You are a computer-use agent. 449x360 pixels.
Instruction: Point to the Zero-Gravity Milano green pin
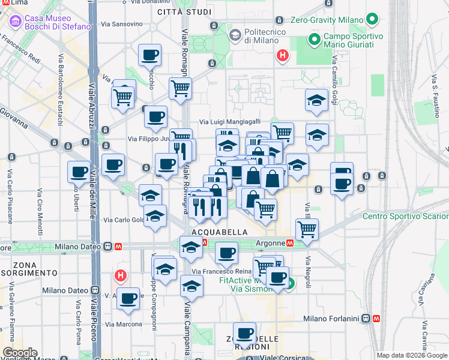(372, 20)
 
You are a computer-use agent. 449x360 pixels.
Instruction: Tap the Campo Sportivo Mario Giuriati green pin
(313, 40)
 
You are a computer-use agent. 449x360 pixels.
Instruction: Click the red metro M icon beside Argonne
(290, 244)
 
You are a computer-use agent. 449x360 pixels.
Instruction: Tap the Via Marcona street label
(124, 324)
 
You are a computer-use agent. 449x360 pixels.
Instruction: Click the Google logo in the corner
(20, 353)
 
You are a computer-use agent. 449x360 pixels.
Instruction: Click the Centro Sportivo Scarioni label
(405, 216)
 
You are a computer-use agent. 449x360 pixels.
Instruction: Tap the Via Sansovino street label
(122, 25)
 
